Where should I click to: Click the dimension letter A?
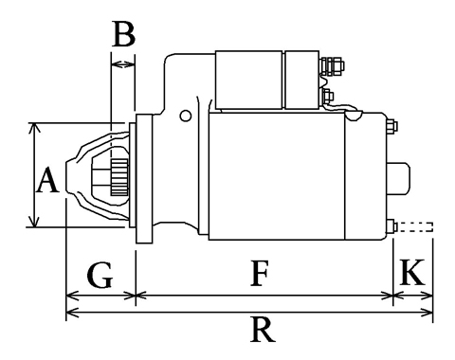(47, 180)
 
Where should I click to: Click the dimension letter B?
(124, 34)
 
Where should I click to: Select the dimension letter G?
(100, 276)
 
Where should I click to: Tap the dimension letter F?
(260, 274)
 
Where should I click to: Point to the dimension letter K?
(412, 272)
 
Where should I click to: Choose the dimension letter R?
(263, 330)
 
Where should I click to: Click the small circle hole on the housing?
(186, 116)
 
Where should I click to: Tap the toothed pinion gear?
(119, 177)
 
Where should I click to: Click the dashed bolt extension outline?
(415, 227)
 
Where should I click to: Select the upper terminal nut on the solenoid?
(333, 66)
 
